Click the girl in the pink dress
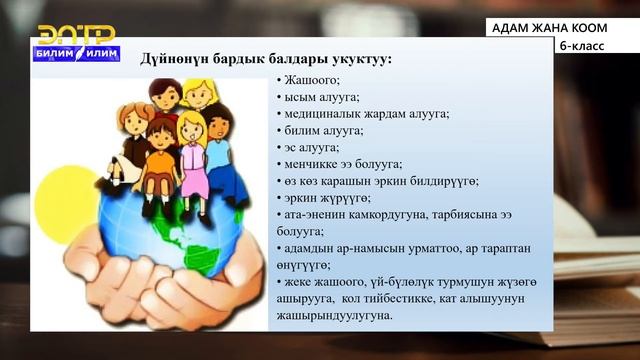191,140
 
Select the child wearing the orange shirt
161,150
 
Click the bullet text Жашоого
310,78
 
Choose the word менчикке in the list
310,164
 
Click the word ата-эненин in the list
314,214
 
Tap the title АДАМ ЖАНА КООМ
550,28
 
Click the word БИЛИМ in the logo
56,57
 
